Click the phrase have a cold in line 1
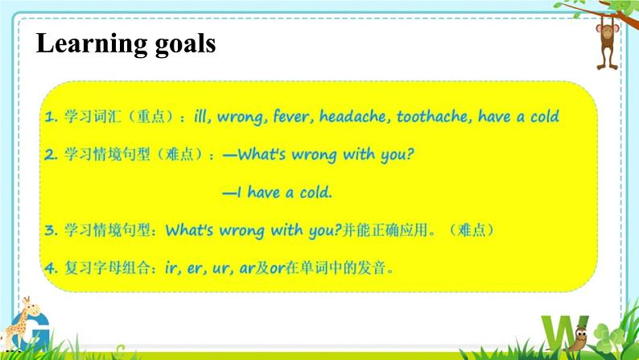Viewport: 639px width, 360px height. (x=518, y=117)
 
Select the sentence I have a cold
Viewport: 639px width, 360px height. (x=278, y=192)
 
